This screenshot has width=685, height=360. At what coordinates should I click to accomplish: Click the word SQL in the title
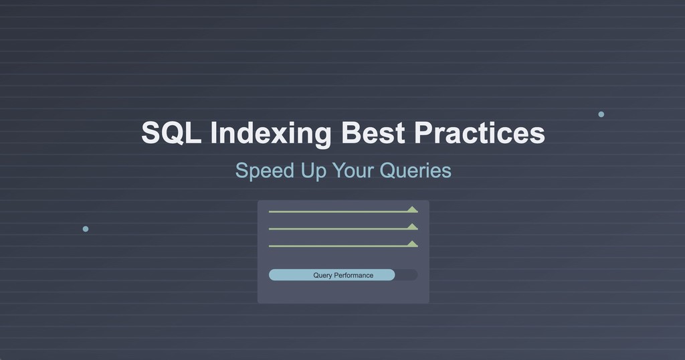171,132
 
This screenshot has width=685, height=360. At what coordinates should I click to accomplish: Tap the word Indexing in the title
270,133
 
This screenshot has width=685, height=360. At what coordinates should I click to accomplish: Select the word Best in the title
373,132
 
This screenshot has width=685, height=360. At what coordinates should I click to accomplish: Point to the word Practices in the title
480,132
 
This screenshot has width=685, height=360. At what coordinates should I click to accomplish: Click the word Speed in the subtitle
264,171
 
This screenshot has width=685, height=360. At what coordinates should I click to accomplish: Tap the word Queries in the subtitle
415,171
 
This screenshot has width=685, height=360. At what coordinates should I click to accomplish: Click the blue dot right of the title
601,114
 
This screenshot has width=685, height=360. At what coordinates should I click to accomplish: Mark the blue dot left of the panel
86,229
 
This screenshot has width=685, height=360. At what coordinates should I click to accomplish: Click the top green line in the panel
338,211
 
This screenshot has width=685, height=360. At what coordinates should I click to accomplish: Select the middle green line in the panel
338,229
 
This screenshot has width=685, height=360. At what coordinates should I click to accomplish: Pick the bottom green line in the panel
338,246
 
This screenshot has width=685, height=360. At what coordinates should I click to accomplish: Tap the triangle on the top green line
413,209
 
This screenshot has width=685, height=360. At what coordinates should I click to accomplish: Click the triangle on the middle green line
413,227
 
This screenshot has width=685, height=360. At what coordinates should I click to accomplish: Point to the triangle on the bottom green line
413,244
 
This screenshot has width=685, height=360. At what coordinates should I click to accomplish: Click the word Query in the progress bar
322,275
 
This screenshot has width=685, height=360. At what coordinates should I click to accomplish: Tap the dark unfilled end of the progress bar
406,275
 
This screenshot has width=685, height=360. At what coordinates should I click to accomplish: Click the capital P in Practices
423,132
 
